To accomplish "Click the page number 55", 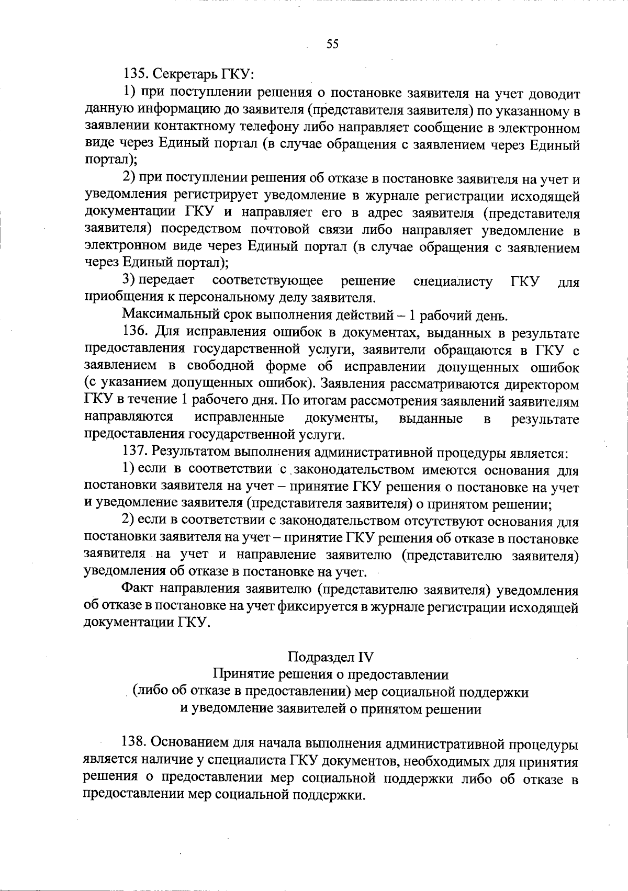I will pyautogui.click(x=332, y=44).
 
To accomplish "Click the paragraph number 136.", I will pyautogui.click(x=136, y=332).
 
